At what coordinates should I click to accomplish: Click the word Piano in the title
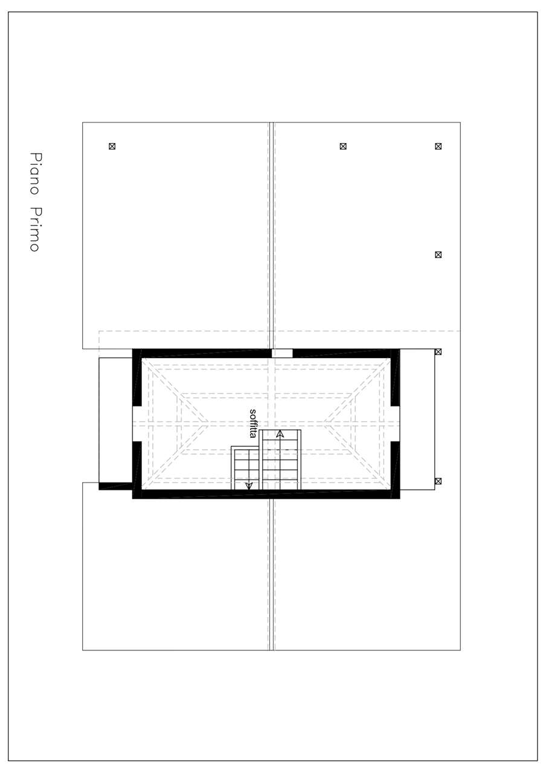[x=35, y=173]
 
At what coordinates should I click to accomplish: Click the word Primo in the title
[x=35, y=229]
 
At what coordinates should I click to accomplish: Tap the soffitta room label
[x=253, y=423]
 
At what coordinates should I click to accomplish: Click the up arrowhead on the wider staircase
[x=280, y=434]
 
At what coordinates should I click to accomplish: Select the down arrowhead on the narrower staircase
[x=249, y=486]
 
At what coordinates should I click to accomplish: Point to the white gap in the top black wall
[x=282, y=353]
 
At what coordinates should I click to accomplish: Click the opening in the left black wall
[x=137, y=423]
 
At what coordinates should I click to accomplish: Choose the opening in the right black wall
[x=395, y=423]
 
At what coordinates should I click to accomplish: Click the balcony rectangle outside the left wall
[x=115, y=420]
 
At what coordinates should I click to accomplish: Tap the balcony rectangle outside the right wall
[x=417, y=419]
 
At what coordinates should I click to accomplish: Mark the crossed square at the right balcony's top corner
[x=438, y=351]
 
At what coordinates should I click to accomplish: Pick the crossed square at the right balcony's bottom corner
[x=438, y=481]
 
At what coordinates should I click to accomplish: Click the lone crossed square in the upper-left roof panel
[x=112, y=146]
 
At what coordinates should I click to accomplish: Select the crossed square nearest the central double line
[x=342, y=146]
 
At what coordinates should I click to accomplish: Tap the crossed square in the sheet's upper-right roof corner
[x=438, y=146]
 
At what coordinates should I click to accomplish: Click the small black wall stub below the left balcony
[x=115, y=486]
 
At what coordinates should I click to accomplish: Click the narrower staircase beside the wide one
[x=245, y=467]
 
